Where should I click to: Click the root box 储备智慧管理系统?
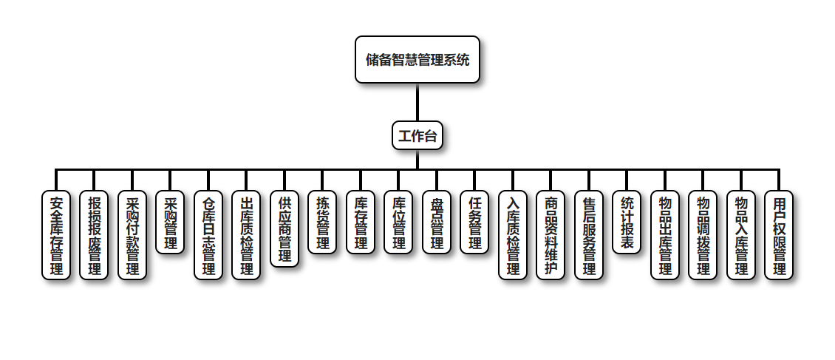pyautogui.click(x=417, y=60)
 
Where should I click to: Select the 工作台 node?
pyautogui.click(x=417, y=135)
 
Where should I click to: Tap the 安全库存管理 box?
pyautogui.click(x=56, y=235)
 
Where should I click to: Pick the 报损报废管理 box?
pyautogui.click(x=94, y=235)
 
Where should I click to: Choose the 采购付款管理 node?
pyautogui.click(x=132, y=235)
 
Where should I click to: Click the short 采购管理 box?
pyautogui.click(x=170, y=223)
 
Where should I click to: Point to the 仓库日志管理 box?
pyautogui.click(x=208, y=235)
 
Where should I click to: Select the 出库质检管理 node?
pyautogui.click(x=246, y=235)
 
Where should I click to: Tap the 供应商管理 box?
pyautogui.click(x=284, y=228)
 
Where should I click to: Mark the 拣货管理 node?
pyautogui.click(x=322, y=223)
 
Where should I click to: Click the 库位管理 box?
pyautogui.click(x=398, y=223)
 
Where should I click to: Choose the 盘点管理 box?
pyautogui.click(x=437, y=223)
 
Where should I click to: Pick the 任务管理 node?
pyautogui.click(x=474, y=223)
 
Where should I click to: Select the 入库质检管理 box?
pyautogui.click(x=513, y=235)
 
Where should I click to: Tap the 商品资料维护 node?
pyautogui.click(x=551, y=235)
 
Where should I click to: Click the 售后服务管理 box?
pyautogui.click(x=589, y=235)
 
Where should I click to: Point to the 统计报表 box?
pyautogui.click(x=627, y=223)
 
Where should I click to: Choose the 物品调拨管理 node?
pyautogui.click(x=703, y=235)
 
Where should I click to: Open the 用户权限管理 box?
pyautogui.click(x=779, y=235)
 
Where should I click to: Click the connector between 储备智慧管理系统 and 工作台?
pyautogui.click(x=417, y=103)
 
